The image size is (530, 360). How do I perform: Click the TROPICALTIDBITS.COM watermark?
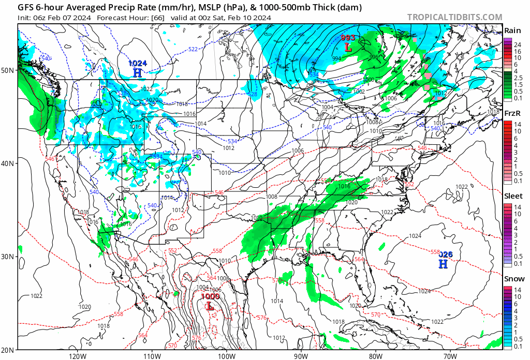coord(454,17)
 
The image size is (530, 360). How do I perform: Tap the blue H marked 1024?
coord(137,73)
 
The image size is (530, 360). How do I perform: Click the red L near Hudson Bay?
coord(348,47)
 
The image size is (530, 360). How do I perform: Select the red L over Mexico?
coord(210,306)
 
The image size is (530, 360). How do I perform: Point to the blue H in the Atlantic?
coord(443,264)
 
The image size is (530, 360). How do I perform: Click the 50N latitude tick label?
coord(9,70)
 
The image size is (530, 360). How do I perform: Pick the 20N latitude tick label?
coord(9,350)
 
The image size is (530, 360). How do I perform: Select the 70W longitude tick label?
coord(450,356)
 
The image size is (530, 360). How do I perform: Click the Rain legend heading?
coord(512,31)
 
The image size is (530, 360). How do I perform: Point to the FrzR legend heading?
coord(512,113)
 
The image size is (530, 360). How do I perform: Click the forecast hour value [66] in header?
coord(157,17)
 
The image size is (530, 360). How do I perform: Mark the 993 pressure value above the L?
coord(348,38)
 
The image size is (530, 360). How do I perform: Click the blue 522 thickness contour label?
coord(193,49)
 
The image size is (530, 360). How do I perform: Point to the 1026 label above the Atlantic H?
coord(445,254)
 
